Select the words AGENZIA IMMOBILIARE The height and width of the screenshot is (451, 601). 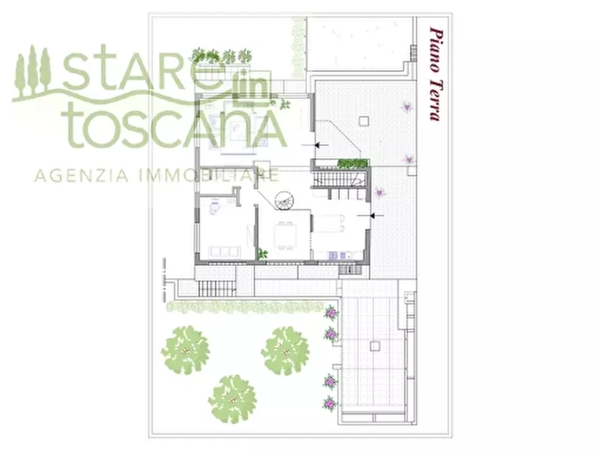point(157,176)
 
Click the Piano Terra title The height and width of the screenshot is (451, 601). point(435,74)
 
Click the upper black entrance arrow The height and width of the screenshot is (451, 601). point(321,145)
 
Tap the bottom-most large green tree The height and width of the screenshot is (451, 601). point(232,398)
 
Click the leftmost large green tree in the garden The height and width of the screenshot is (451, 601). point(185,350)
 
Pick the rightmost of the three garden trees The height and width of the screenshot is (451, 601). point(285,351)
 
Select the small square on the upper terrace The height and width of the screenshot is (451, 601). point(364,121)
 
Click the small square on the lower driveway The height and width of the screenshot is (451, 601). point(374,345)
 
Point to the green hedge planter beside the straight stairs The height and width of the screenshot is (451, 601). point(353,163)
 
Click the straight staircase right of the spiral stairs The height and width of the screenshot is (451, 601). point(338,179)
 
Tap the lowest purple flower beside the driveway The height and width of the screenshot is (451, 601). point(330,404)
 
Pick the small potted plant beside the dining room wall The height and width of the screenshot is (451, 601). point(262,254)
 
